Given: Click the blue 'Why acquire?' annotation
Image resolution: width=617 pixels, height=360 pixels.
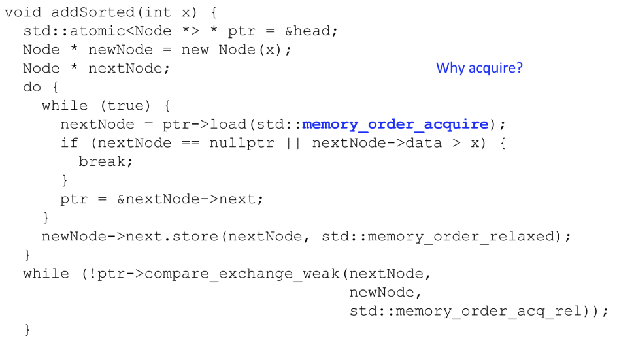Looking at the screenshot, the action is pyautogui.click(x=479, y=68).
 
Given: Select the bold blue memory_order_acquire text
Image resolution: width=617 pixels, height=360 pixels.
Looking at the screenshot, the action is pyautogui.click(x=395, y=124).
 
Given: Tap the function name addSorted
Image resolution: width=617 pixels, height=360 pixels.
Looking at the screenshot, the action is pyautogui.click(x=93, y=12).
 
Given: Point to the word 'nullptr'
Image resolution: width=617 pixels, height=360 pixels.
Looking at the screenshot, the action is pyautogui.click(x=242, y=143).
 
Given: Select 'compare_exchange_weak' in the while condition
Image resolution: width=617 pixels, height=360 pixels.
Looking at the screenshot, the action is pyautogui.click(x=242, y=274).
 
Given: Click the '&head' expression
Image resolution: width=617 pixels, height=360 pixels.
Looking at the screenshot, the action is pyautogui.click(x=308, y=31).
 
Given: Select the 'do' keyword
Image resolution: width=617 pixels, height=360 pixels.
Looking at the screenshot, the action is pyautogui.click(x=32, y=86).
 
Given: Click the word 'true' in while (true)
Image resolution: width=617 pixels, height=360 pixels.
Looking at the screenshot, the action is pyautogui.click(x=125, y=105).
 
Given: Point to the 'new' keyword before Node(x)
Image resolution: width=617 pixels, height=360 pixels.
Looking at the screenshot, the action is pyautogui.click(x=195, y=50).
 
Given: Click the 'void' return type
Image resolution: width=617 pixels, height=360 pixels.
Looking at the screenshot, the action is pyautogui.click(x=23, y=12).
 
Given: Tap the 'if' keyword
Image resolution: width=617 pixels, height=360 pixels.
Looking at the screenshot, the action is pyautogui.click(x=69, y=143).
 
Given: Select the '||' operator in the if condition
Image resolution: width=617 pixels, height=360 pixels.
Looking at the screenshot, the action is pyautogui.click(x=293, y=143).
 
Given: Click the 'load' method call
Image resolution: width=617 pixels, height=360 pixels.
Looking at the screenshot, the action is pyautogui.click(x=228, y=124).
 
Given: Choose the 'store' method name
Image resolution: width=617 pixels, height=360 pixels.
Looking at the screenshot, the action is pyautogui.click(x=195, y=237).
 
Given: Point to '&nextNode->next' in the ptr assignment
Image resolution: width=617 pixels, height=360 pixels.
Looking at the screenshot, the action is pyautogui.click(x=190, y=199).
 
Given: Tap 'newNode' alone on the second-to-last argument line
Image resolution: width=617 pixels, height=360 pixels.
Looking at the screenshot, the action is pyautogui.click(x=382, y=292).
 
